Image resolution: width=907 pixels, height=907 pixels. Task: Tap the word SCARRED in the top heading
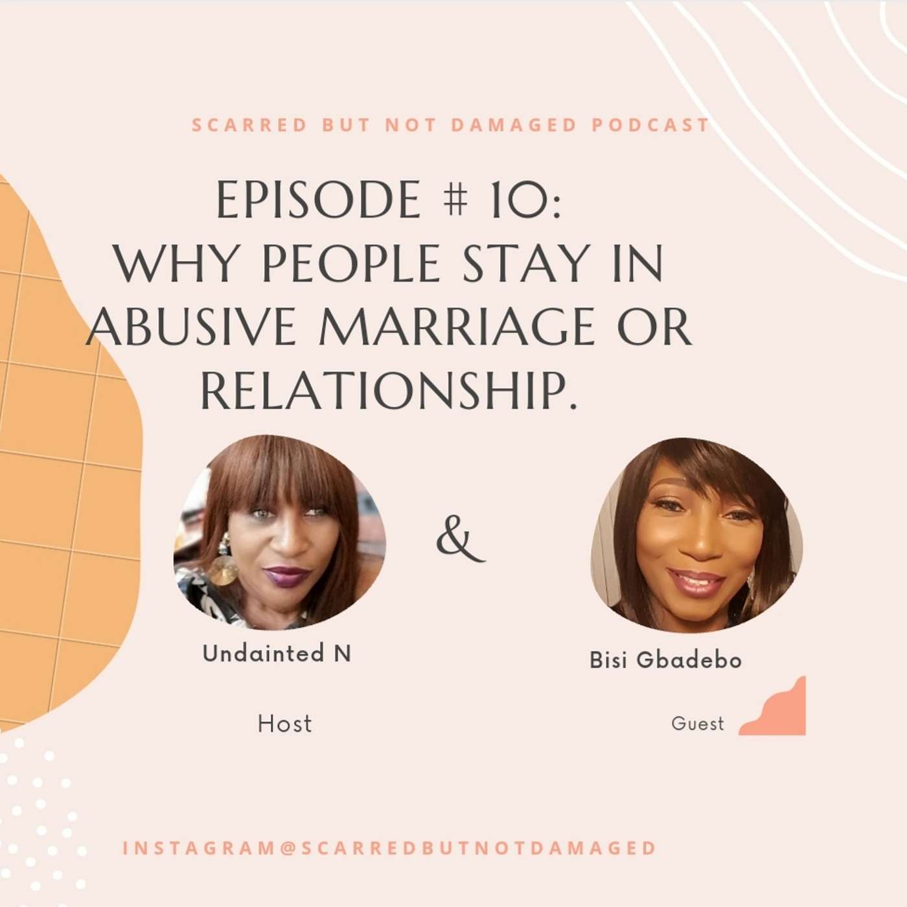(x=249, y=124)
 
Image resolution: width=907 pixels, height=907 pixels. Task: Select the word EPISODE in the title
(x=318, y=200)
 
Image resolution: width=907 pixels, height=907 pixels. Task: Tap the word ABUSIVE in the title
(x=192, y=328)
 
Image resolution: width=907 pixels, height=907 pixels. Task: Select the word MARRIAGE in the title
(x=457, y=328)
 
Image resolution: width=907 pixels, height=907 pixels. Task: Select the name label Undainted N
(x=277, y=654)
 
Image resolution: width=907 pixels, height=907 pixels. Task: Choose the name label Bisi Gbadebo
(x=665, y=660)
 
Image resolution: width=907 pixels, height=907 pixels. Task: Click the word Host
(x=284, y=724)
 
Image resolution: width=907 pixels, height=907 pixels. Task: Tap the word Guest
(x=697, y=724)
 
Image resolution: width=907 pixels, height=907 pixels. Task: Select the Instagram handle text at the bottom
(x=389, y=848)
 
